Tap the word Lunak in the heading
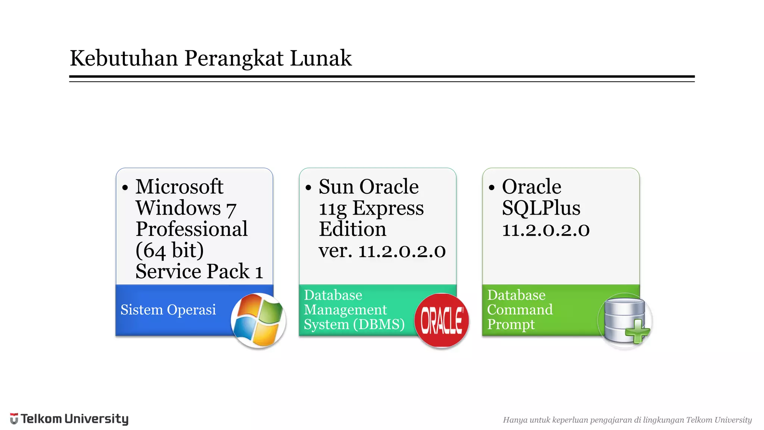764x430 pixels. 320,58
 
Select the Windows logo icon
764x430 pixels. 258,320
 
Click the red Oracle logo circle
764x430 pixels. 442,320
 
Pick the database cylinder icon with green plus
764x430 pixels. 625,320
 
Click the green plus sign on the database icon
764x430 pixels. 638,331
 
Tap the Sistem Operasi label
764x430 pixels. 168,310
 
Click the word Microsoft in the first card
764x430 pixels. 179,187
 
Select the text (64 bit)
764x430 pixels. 169,250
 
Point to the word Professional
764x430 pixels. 191,229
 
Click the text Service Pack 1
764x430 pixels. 199,271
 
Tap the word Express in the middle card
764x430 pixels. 388,208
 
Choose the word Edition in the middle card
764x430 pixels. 352,229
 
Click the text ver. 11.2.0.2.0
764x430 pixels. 382,250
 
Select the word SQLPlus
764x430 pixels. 541,208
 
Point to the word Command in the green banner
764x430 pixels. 520,310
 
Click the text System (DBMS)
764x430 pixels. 354,324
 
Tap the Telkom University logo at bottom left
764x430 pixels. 69,419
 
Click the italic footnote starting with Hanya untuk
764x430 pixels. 627,420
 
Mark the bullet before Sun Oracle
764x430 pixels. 308,187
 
